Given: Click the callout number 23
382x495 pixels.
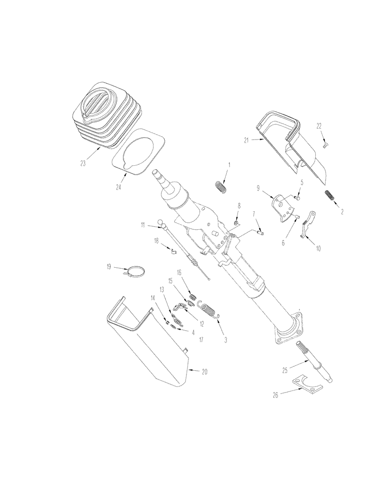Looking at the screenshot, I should coord(83,162).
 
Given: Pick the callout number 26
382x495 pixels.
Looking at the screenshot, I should coord(276,395).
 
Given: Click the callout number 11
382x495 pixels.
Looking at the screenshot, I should coord(143,225).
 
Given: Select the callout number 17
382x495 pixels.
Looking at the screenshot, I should coord(201,340).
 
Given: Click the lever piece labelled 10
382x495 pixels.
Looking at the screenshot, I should coord(309,224).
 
